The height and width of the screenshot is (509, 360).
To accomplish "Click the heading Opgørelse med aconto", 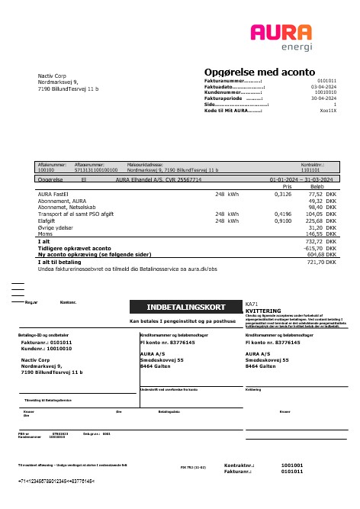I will pyautogui.click(x=259, y=71).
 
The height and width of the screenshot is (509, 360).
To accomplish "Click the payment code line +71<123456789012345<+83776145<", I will pyautogui.click(x=56, y=482).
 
